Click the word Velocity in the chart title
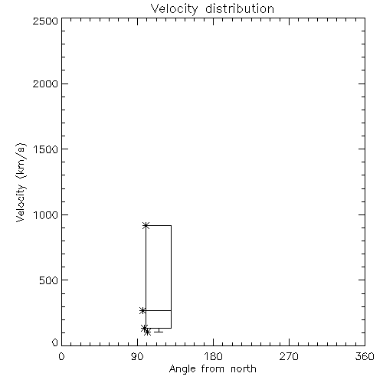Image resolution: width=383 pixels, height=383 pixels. pos(174,9)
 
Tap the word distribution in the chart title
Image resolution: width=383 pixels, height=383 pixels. pos(240,8)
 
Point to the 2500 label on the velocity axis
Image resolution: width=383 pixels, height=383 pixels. pos(45,21)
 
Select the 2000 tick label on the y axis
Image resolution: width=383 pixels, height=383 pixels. pos(45,83)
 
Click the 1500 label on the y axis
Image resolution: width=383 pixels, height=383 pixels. pos(46,149)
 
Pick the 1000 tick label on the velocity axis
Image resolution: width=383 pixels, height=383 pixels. pos(46,215)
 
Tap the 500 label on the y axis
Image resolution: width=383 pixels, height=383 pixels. pos(49,280)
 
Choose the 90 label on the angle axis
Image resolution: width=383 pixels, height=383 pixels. pos(137,356)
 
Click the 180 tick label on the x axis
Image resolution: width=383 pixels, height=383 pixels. pos(213,356)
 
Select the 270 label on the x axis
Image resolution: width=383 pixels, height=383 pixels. pos(289,356)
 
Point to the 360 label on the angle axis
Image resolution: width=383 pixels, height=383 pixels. pos(365,356)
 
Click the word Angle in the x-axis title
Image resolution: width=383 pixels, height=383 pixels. pos(182,369)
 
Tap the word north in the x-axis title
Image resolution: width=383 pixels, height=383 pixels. pos(244,368)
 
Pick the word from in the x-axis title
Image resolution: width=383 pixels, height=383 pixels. pos(213,368)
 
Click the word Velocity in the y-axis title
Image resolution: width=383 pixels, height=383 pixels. pos(21,203)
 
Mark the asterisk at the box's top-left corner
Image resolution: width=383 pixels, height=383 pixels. pos(146,225)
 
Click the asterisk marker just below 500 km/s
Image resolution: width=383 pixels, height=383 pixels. pos(142,311)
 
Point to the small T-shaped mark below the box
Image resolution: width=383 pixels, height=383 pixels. pos(159,330)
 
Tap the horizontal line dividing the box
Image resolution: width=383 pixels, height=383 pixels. pos(159,310)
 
